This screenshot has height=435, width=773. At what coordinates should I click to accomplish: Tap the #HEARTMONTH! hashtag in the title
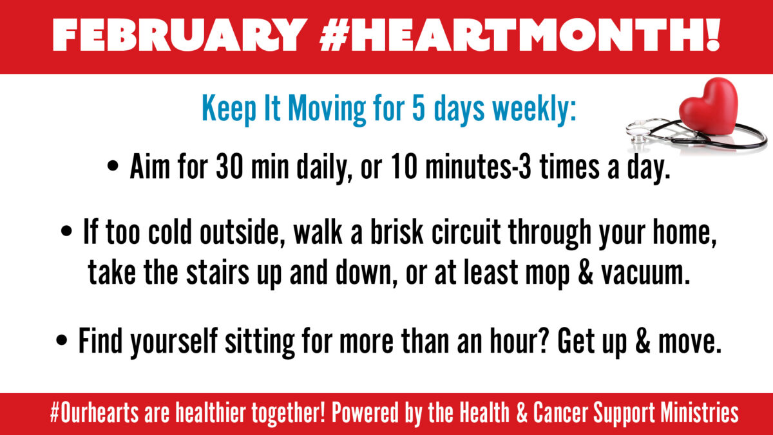click(520, 35)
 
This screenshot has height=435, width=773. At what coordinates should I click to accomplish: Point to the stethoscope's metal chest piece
click(638, 131)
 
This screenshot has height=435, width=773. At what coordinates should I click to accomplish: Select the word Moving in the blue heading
click(327, 109)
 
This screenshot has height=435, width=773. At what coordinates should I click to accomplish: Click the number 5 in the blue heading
click(418, 108)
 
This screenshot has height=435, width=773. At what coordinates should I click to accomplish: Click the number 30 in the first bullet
click(229, 167)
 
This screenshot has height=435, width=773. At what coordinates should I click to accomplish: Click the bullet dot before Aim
click(113, 166)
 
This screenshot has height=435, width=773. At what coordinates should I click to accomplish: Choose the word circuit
click(466, 232)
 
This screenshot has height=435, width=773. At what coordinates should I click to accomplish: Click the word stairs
click(218, 272)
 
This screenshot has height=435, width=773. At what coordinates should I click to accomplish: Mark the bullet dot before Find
click(61, 340)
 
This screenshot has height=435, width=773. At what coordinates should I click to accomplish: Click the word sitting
click(260, 342)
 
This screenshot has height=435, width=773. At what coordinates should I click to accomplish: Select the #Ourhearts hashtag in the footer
click(94, 412)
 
